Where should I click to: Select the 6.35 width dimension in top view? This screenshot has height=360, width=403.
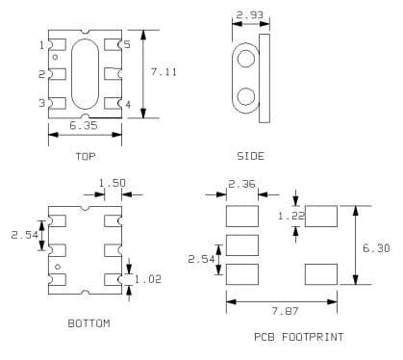click(x=85, y=125)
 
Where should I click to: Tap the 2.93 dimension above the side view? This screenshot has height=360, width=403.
click(x=248, y=15)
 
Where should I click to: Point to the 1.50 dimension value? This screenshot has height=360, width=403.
click(x=113, y=182)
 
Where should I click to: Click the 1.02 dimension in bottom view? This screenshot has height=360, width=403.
click(x=148, y=279)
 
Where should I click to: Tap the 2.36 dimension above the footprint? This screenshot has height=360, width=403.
click(x=241, y=184)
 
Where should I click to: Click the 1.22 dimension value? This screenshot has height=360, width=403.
click(x=291, y=217)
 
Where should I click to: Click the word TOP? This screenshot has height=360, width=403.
click(x=85, y=156)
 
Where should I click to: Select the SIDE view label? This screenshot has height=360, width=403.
click(x=250, y=156)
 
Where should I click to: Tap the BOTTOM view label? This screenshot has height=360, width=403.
click(x=88, y=323)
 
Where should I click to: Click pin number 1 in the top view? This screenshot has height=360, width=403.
click(x=41, y=45)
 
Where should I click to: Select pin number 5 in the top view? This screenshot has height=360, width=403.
click(x=127, y=45)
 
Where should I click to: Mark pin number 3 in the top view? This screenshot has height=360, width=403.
click(x=41, y=103)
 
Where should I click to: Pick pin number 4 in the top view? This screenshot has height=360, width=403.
click(x=127, y=104)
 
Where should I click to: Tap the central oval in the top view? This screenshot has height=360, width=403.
click(x=85, y=74)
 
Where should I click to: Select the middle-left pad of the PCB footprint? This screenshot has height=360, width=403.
click(x=242, y=244)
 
